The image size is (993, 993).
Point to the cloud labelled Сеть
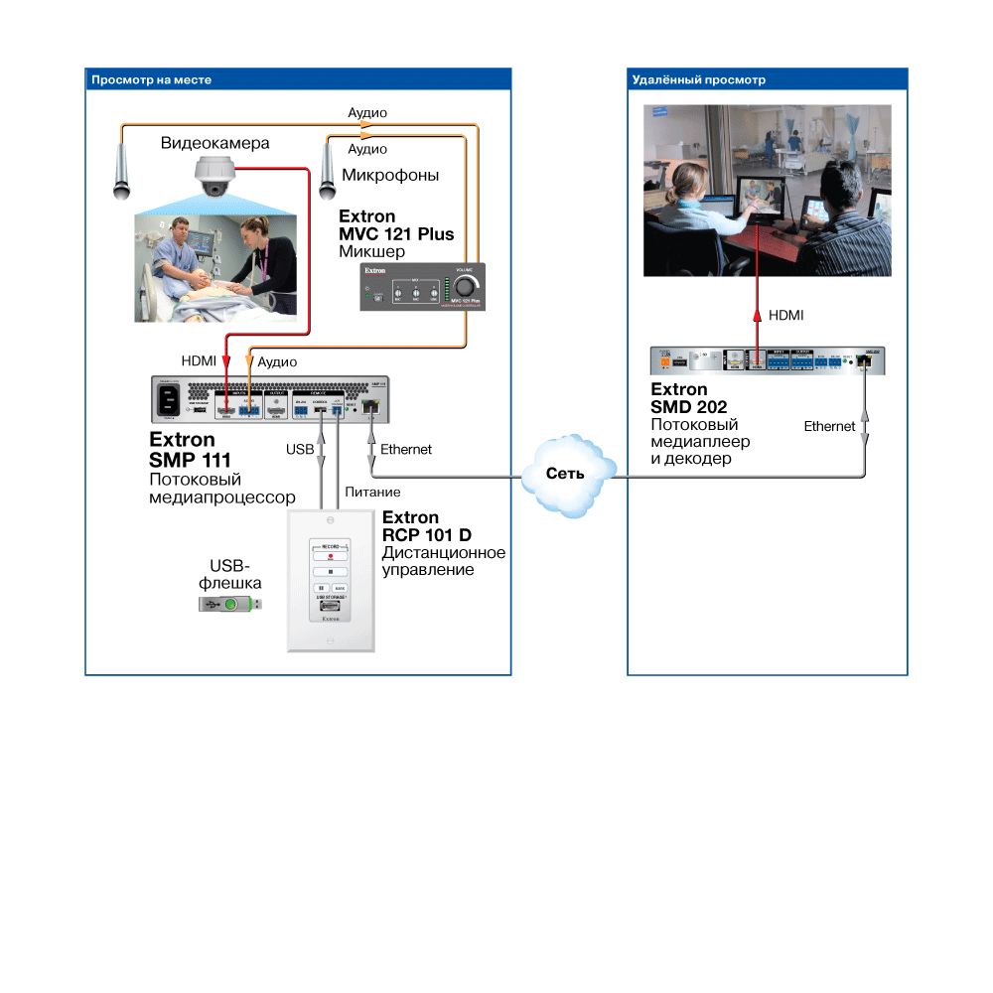pos(565,474)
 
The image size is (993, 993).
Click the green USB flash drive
pos(230,604)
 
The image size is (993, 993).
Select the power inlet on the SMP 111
pos(168,401)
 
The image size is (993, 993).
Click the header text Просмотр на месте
pos(152,79)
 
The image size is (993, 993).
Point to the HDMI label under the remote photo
pos(786,315)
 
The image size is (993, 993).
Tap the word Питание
pos(372,492)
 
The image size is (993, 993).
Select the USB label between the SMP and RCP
pos(299,449)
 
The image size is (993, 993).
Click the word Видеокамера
pos(214,143)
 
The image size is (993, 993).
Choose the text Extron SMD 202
pos(689,398)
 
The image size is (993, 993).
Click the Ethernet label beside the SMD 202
pos(829,426)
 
